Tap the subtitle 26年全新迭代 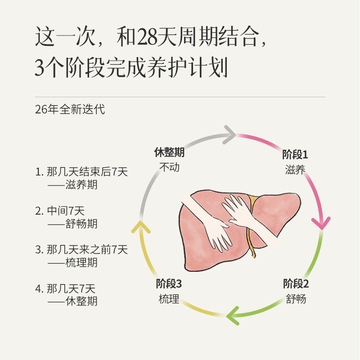70,109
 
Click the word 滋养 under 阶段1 295,170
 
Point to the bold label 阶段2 296,283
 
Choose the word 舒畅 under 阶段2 296,298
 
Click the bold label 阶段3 169,283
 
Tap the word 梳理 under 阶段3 169,298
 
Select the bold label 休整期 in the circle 169,152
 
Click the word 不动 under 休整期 169,167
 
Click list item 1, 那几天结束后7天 82,171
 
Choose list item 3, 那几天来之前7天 82,249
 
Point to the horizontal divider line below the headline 180,97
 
